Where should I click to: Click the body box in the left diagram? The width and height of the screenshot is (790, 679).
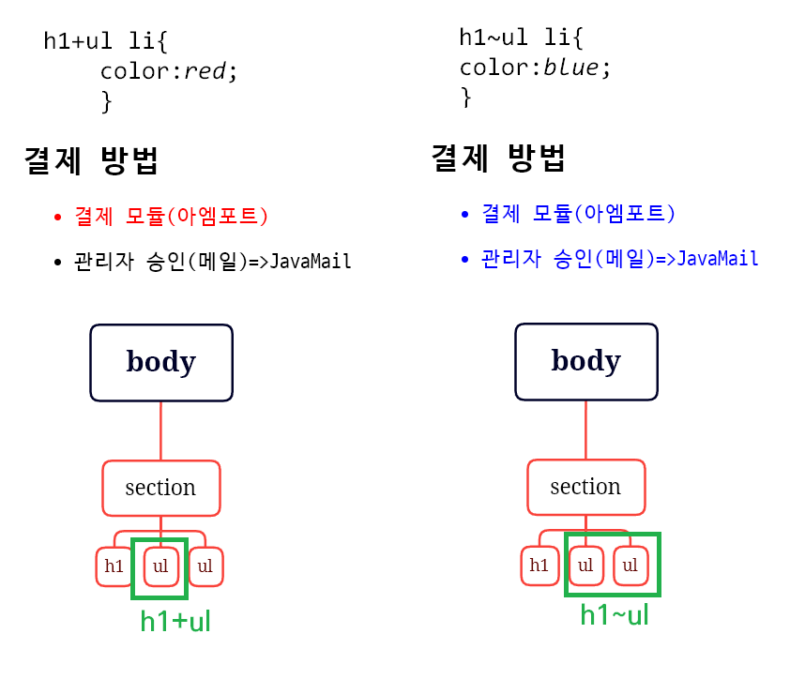[160, 362]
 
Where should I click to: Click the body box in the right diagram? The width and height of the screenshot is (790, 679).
[585, 361]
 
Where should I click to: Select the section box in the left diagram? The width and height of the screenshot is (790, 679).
[160, 488]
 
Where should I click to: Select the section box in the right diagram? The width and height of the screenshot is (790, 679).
[585, 487]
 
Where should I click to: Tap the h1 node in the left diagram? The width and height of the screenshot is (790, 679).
[114, 566]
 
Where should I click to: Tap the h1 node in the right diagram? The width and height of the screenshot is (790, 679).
[539, 566]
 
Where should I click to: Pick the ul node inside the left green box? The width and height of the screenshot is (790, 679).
[160, 566]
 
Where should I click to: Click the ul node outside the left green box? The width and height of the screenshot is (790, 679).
[205, 566]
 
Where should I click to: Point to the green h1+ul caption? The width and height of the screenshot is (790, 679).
[175, 621]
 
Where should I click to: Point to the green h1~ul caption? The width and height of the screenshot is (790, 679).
[615, 615]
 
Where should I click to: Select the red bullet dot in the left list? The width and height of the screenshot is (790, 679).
[58, 218]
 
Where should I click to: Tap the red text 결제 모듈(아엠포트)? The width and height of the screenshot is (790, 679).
[172, 217]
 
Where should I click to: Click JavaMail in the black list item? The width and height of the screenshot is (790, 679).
[311, 262]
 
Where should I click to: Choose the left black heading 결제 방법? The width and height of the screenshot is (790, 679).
[91, 161]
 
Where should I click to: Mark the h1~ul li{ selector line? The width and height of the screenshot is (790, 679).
[521, 38]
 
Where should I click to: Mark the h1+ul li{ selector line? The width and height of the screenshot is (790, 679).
[105, 41]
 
